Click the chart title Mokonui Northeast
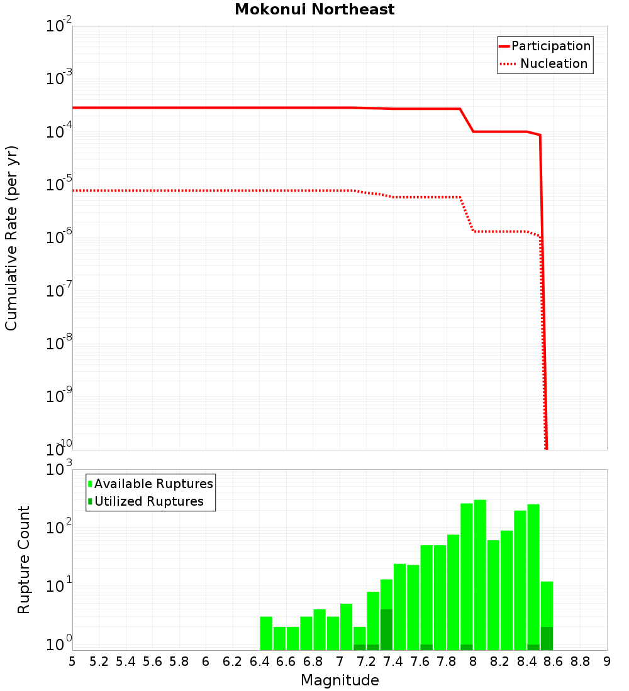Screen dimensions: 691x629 pyautogui.click(x=314, y=9)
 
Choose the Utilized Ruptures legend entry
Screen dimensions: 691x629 pyautogui.click(x=148, y=501)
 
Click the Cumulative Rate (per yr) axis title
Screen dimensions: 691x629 pyautogui.click(x=11, y=238)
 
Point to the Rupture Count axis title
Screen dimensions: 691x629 pyautogui.click(x=23, y=560)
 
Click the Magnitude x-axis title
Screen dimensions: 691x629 pyautogui.click(x=340, y=680)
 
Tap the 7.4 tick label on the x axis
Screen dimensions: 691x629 pyautogui.click(x=393, y=661)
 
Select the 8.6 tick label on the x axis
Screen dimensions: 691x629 pyautogui.click(x=554, y=661)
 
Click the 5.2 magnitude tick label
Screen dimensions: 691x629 pyautogui.click(x=99, y=661)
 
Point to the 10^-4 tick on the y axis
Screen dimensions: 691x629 pyautogui.click(x=59, y=133)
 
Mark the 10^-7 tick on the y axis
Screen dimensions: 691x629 pyautogui.click(x=59, y=291)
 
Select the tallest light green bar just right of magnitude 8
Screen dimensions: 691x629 pyautogui.click(x=480, y=575)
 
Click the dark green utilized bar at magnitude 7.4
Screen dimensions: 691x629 pyautogui.click(x=386, y=629)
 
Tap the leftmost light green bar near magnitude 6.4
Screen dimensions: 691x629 pyautogui.click(x=266, y=633)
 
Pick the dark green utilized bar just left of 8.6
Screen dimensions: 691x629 pyautogui.click(x=547, y=638)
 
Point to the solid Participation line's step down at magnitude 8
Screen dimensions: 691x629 pyautogui.click(x=467, y=120)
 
